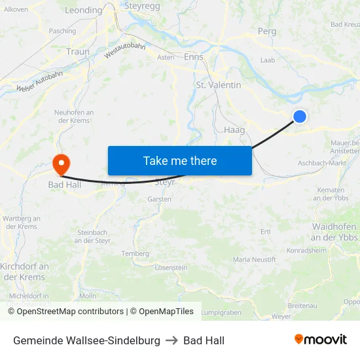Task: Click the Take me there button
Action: (x=180, y=160)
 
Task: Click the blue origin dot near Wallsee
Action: (x=299, y=116)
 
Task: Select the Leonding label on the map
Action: (x=84, y=10)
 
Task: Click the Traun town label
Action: (x=78, y=51)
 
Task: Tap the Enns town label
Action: (x=194, y=57)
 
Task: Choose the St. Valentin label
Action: (x=219, y=85)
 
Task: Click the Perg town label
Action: (x=267, y=31)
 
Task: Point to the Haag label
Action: (x=234, y=130)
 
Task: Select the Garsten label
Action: (x=160, y=198)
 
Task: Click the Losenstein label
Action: (x=171, y=268)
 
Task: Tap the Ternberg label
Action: (x=135, y=253)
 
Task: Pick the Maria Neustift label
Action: (x=255, y=260)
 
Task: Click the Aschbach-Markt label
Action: (x=321, y=163)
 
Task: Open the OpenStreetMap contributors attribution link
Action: (x=66, y=312)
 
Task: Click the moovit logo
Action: (x=320, y=340)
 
